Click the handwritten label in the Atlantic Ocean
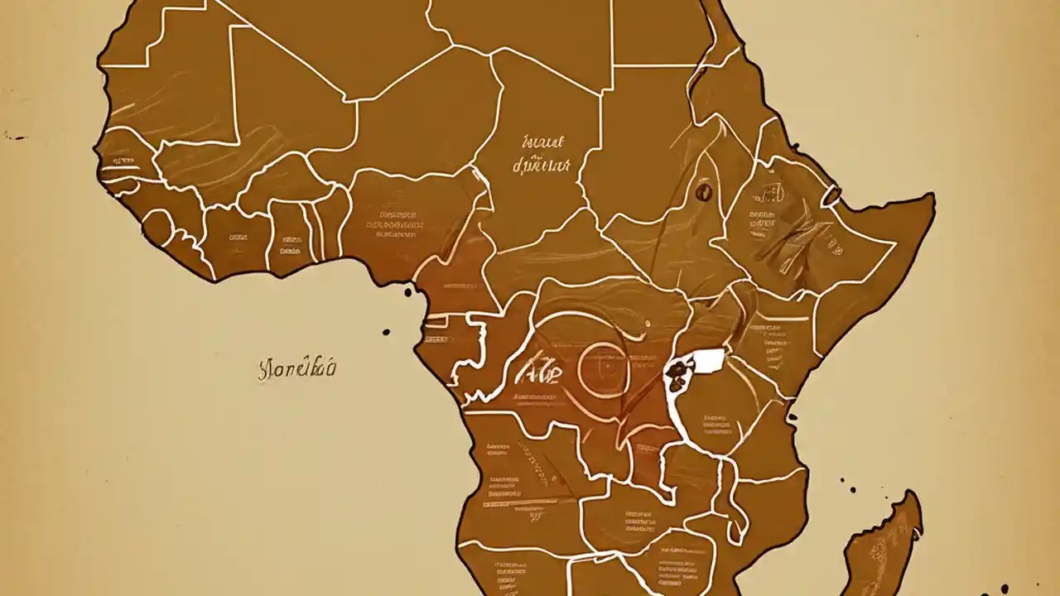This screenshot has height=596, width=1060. tap(296, 368)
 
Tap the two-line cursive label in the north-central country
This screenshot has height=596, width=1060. tap(542, 155)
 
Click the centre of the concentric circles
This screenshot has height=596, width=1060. tap(605, 365)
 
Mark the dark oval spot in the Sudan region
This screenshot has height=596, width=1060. tap(704, 191)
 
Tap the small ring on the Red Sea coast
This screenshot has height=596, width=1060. tap(831, 196)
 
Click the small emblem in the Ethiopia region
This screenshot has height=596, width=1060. tap(768, 196)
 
